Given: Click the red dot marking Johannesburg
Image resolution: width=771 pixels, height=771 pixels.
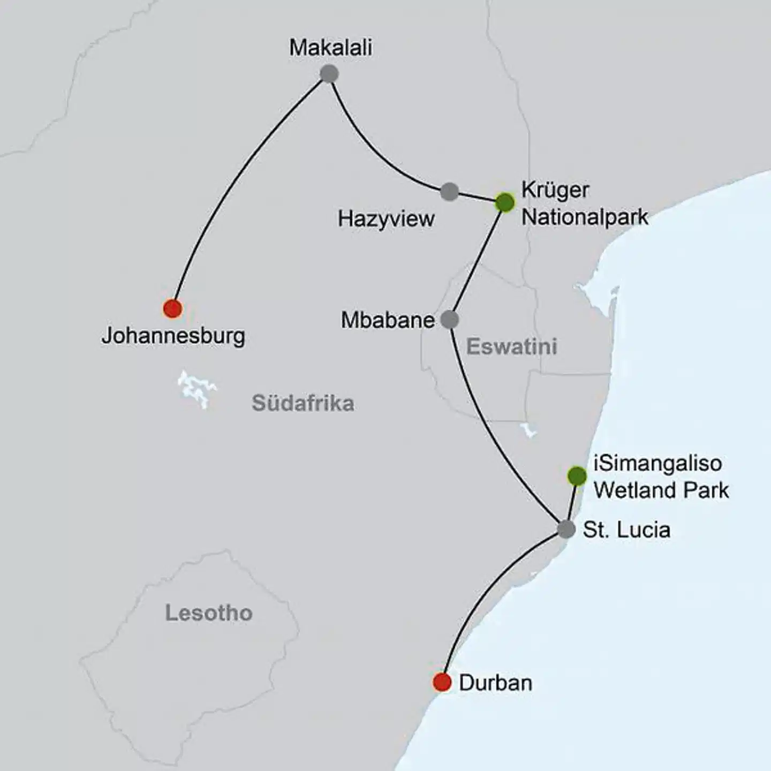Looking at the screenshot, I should pos(172,308).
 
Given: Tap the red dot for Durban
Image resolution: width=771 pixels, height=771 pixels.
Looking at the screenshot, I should pos(442,682).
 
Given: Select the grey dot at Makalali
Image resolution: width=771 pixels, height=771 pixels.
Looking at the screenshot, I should pos(329,73).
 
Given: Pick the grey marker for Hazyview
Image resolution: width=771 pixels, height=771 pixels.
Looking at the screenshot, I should pos(450,191).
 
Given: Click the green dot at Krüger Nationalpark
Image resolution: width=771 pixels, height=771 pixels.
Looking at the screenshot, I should pos(505,202).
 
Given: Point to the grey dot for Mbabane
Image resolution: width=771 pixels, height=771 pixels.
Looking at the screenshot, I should pos(450,320).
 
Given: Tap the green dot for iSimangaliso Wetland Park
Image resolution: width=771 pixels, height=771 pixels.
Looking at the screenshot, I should pos(577,475).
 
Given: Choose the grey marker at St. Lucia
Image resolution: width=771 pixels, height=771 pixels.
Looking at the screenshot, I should pos(566,529).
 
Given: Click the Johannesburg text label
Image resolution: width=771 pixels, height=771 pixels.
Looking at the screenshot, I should pos(173,336).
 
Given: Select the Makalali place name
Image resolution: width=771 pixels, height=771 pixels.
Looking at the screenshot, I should pos(330,48).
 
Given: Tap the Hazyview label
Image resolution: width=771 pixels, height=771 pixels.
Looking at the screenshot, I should pos(386,219).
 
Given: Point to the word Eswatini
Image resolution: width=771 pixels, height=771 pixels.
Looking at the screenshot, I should pos(511,347).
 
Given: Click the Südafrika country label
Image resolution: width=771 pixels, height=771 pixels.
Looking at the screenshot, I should pos(303,403).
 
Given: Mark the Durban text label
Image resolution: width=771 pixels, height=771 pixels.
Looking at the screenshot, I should pos(496,683).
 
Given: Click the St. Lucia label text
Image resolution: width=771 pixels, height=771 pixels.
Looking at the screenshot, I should pos(626,530).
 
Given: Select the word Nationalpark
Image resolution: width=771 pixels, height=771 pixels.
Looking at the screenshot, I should pos(585,217).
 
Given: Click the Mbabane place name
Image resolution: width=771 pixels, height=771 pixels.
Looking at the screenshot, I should pos(388,320).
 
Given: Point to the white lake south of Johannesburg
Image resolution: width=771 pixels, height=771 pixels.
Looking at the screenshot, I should pos(196,388).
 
